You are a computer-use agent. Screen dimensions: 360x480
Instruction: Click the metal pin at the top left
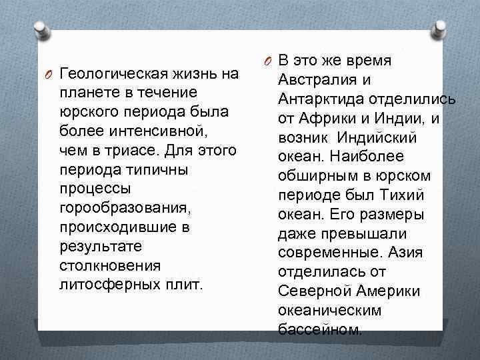[41, 28]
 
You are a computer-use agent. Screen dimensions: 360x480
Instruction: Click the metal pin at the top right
[441, 28]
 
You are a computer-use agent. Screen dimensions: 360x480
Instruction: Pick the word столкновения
[109, 265]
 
